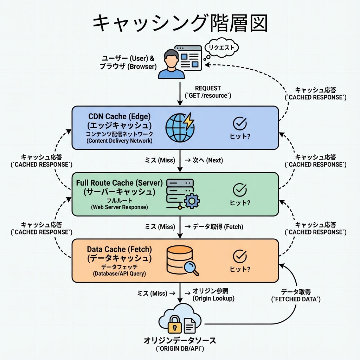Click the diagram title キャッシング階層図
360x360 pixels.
[180, 24]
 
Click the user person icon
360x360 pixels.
[171, 64]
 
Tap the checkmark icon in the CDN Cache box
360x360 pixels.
[240, 123]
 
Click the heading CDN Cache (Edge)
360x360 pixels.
[119, 116]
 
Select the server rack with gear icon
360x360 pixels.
[181, 194]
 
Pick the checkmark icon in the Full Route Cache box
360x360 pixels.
[240, 190]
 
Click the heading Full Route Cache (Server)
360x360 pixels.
[119, 183]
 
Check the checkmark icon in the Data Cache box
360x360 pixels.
[240, 256]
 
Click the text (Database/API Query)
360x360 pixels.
[119, 273]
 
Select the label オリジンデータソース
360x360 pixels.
[180, 340]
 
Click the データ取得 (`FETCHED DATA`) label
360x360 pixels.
[296, 296]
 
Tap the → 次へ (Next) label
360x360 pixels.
[203, 160]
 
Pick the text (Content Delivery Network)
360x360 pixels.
[119, 141]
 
